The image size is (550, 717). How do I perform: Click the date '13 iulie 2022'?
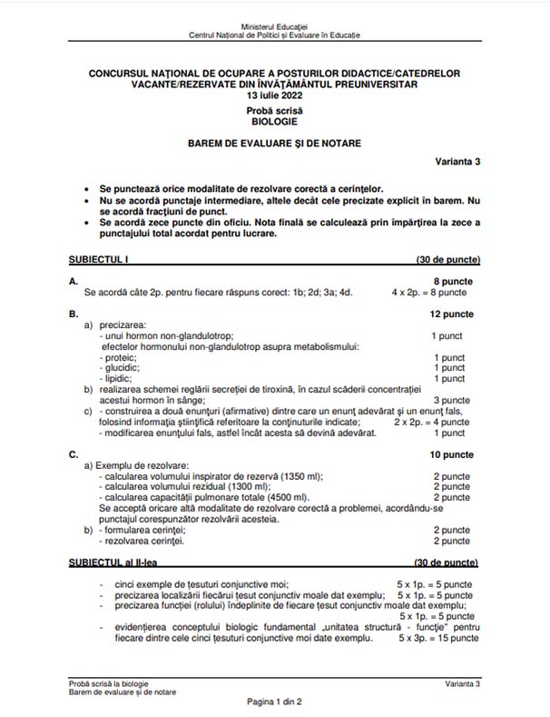pyautogui.click(x=274, y=95)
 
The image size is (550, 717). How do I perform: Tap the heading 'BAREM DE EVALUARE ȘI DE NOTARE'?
pyautogui.click(x=274, y=143)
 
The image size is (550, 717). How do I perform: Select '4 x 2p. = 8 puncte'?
pyautogui.click(x=429, y=293)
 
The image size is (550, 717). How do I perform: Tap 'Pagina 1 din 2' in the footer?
pyautogui.click(x=274, y=702)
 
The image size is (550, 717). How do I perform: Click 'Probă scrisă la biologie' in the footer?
pyautogui.click(x=108, y=682)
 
